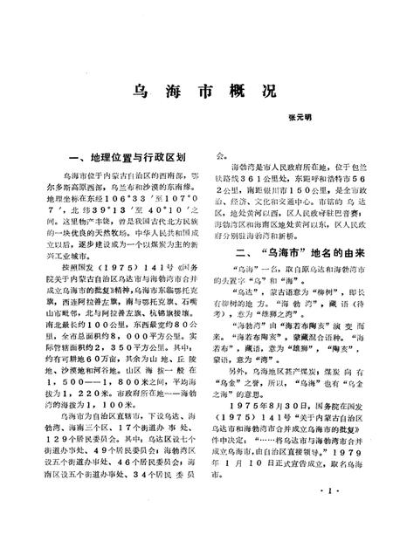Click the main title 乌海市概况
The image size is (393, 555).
196,91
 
